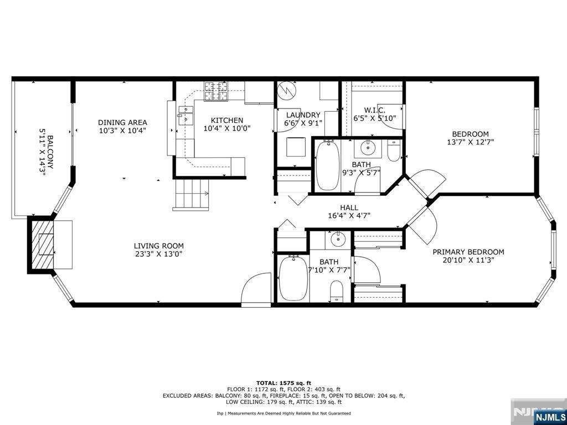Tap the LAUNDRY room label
(302, 115)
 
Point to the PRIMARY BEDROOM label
(468, 252)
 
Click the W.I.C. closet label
(374, 110)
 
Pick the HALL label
(349, 208)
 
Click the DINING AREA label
(122, 122)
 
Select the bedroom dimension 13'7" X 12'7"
(471, 142)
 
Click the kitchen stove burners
(217, 91)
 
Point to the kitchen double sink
(185, 115)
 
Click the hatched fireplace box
(42, 245)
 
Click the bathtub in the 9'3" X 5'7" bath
(327, 165)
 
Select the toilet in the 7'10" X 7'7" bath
(337, 291)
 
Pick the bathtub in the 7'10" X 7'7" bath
(293, 278)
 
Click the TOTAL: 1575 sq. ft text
(284, 383)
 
